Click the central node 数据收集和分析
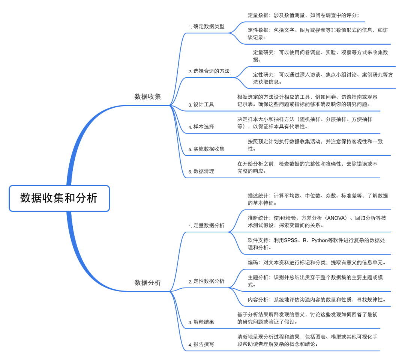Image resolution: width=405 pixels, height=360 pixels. tap(59, 198)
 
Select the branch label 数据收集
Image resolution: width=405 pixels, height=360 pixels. tap(147, 96)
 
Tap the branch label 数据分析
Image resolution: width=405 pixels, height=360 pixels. tap(147, 282)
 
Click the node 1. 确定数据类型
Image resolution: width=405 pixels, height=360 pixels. tap(207, 27)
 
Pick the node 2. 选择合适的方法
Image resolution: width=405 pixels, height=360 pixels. tap(209, 71)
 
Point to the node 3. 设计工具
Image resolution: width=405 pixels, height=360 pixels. tap(201, 104)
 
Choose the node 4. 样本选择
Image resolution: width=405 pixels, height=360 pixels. tap(201, 127)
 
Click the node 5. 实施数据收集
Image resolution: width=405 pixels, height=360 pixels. tap(207, 149)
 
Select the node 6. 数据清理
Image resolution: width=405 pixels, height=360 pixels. tap(201, 171)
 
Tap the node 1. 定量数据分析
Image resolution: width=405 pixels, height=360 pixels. tap(207, 226)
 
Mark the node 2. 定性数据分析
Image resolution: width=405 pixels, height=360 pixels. tap(207, 281)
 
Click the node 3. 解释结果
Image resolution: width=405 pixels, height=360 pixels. tap(201, 322)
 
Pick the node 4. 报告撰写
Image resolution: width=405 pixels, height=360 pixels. tap(201, 344)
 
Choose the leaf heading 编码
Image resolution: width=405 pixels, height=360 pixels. tap(253, 262)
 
